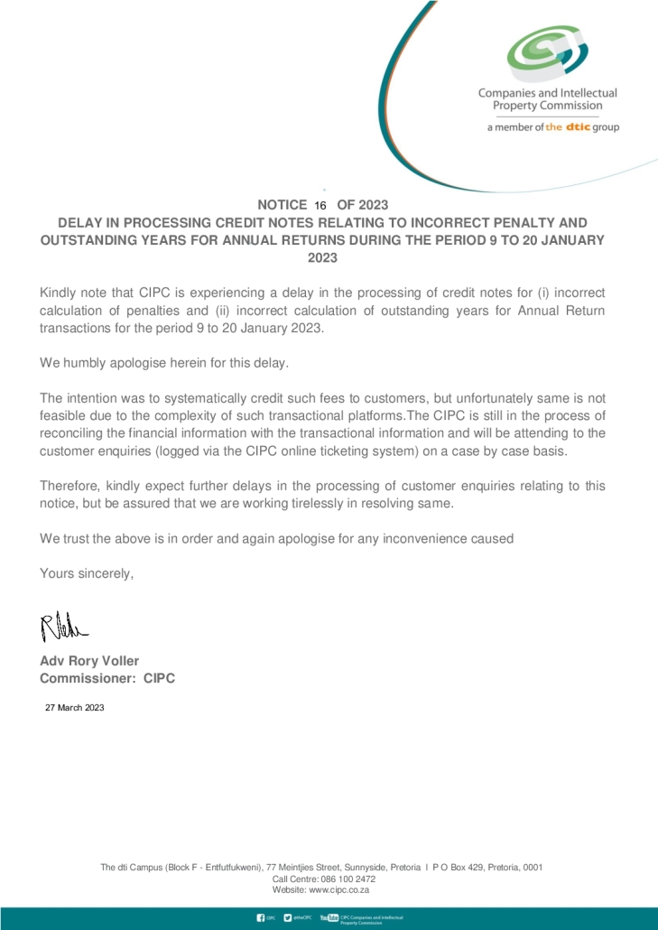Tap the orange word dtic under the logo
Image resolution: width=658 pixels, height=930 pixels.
pyautogui.click(x=578, y=127)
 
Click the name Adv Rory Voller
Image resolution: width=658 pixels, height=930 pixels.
pyautogui.click(x=89, y=661)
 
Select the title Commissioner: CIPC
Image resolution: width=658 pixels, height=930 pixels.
pyautogui.click(x=107, y=678)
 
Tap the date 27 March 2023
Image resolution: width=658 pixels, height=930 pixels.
pyautogui.click(x=75, y=708)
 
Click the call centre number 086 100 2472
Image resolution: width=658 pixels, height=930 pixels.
pyautogui.click(x=348, y=879)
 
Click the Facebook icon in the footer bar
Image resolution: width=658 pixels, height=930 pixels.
pyautogui.click(x=261, y=918)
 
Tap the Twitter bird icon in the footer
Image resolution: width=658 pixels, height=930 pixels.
pyautogui.click(x=288, y=918)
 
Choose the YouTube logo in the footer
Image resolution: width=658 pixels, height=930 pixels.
pyautogui.click(x=329, y=918)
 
